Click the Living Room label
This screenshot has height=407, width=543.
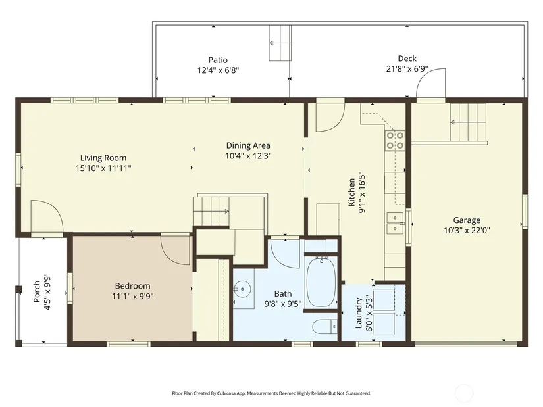[103, 158]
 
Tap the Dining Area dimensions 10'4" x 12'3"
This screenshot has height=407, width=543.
[248, 156]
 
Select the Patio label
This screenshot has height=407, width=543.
[218, 60]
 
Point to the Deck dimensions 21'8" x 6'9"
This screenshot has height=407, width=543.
[407, 69]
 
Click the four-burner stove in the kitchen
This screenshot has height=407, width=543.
[395, 140]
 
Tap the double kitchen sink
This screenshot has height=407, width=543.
[395, 224]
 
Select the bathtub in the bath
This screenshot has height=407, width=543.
[321, 282]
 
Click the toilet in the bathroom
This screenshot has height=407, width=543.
[325, 327]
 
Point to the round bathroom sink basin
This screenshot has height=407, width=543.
[242, 288]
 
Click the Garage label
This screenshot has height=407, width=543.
[467, 220]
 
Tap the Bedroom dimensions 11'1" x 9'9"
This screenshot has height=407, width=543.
[133, 297]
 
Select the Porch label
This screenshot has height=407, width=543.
[37, 291]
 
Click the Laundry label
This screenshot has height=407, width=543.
[359, 313]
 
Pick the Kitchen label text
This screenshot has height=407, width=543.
[351, 192]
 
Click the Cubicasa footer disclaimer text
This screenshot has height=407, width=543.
[271, 393]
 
